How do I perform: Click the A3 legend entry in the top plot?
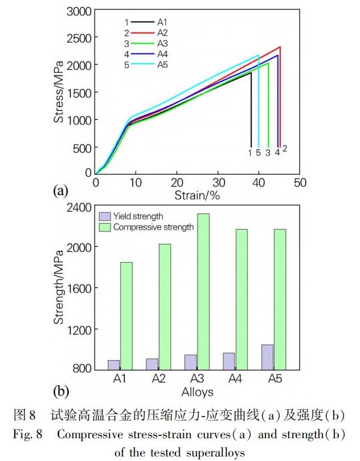pos(145,43)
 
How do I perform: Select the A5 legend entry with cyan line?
pos(145,65)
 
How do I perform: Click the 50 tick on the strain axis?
pos(300,182)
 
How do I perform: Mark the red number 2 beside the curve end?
pos(285,149)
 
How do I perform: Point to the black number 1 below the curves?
pos(249,153)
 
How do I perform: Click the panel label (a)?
pos(60,191)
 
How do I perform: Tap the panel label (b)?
pos(60,392)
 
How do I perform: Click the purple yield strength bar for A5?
pos(267,357)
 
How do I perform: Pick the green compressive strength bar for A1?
pos(126,316)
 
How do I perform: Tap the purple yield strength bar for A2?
pos(152,364)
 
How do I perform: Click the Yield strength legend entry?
pos(132,216)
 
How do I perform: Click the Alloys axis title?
pos(197,392)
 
